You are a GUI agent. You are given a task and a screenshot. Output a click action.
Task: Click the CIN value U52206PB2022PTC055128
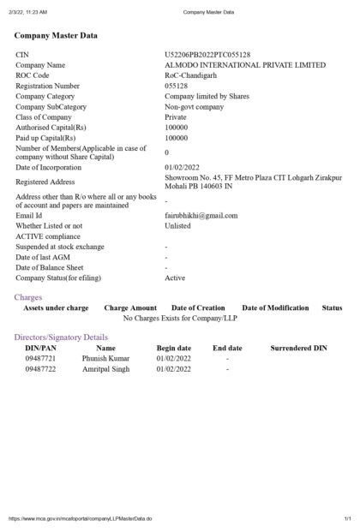click(207, 55)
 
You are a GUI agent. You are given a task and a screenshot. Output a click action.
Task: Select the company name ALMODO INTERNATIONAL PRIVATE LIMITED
click(245, 65)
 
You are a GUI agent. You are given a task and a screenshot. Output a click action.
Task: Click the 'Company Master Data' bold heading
click(56, 36)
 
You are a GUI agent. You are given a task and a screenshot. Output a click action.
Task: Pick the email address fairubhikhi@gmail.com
click(201, 216)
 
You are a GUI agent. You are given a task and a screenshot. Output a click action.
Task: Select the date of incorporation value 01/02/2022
click(182, 167)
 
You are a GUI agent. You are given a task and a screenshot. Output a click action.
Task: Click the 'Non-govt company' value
click(194, 107)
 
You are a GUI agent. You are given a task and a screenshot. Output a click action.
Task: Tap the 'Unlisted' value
click(177, 226)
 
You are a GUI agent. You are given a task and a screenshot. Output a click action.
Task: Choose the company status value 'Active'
click(175, 277)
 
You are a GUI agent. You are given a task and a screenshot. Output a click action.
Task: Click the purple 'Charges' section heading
click(28, 297)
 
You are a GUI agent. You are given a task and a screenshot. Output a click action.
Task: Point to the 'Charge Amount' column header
click(130, 307)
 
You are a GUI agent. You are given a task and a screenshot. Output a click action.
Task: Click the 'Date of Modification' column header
click(275, 307)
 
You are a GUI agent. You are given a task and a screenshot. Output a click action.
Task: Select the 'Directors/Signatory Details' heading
click(61, 337)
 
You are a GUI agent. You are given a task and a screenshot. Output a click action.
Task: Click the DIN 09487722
click(40, 369)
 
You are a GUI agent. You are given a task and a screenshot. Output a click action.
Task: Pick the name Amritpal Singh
click(106, 369)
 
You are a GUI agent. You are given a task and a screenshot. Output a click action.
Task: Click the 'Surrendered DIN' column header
click(298, 349)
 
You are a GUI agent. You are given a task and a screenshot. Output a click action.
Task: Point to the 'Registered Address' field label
click(45, 182)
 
